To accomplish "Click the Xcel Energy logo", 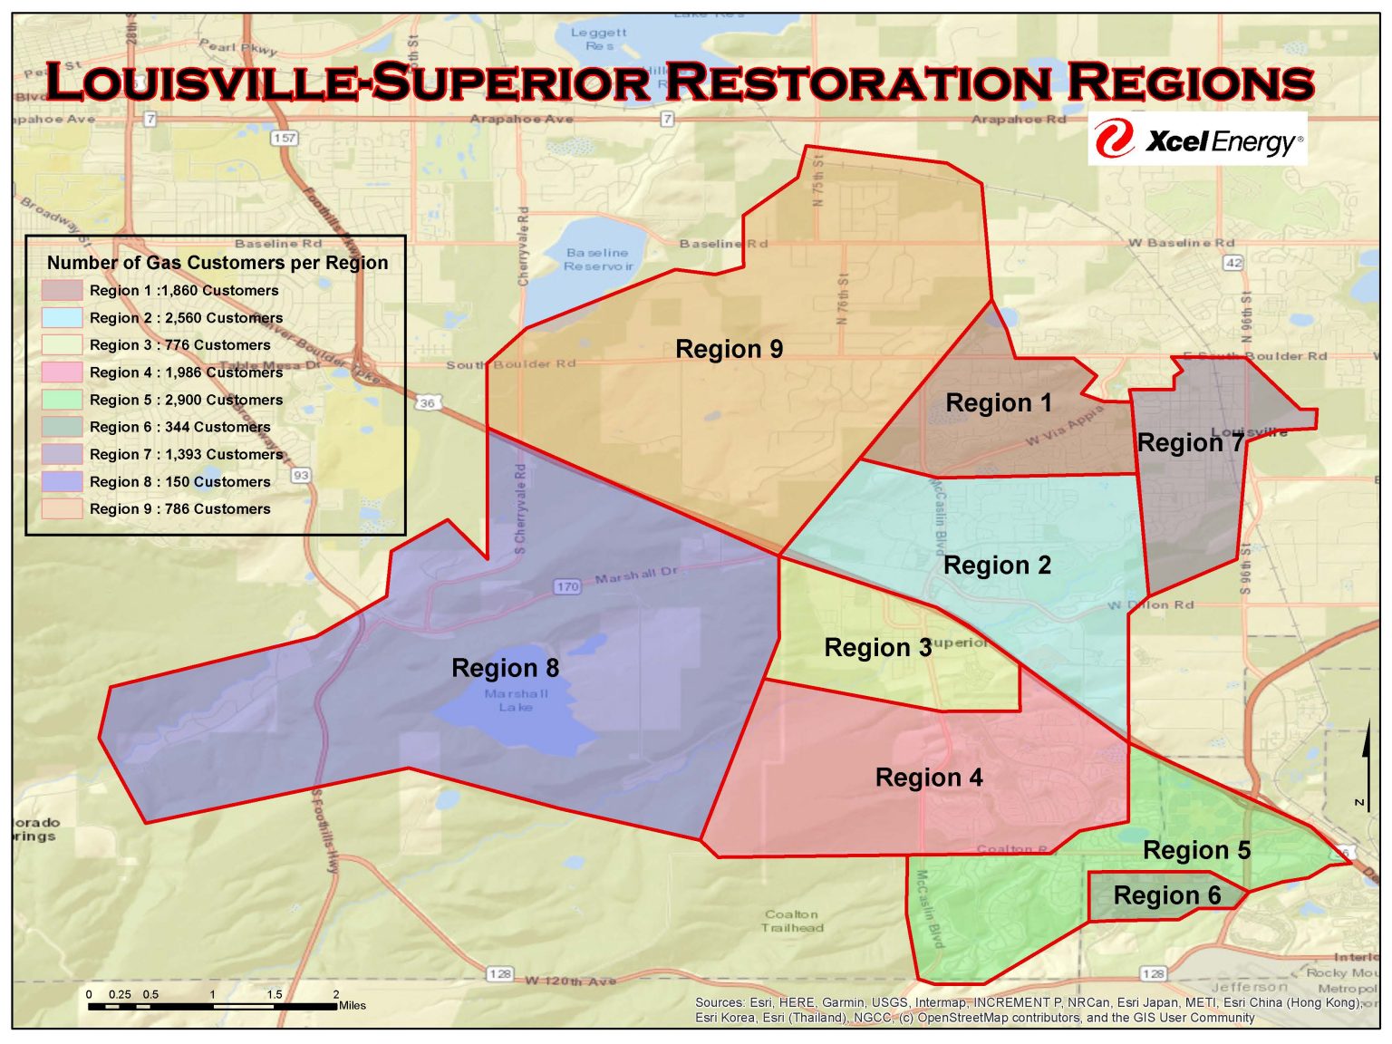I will pos(1197,140).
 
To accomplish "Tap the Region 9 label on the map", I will pos(729,349).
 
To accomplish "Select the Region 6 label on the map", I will pos(1166,895).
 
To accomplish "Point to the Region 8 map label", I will pos(505,668).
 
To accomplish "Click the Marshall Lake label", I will pos(516,701).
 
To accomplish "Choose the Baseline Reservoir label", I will pos(597,259).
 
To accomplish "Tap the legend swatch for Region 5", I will pos(62,400).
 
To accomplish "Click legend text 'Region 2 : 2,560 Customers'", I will pos(186,318).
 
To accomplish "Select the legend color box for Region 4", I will pos(62,372).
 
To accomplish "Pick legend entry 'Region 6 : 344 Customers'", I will pos(179,427).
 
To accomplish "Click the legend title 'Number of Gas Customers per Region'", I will pos(217,263).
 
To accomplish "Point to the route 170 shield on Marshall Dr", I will pos(567,586).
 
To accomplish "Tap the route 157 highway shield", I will pos(285,138).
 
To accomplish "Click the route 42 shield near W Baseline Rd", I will pos(1233,263).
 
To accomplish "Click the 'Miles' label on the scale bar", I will pos(353,1005).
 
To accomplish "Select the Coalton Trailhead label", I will pos(792,921).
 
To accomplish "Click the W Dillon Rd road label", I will pos(1150,604).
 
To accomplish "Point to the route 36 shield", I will pos(428,402).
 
